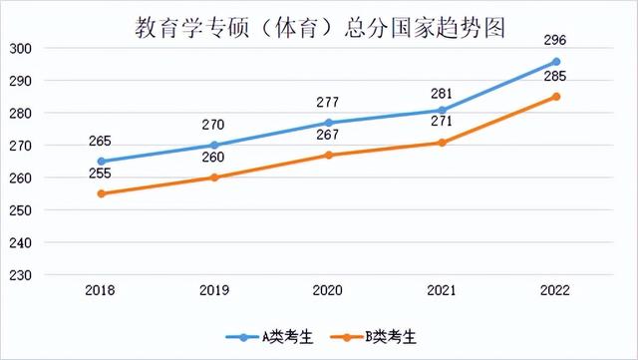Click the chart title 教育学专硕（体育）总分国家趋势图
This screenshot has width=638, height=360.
point(319,27)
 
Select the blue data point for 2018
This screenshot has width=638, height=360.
point(101,161)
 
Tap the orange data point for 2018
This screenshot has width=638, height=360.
point(101,193)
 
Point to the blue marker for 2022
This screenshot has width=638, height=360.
point(556,61)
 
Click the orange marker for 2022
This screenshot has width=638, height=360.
point(556,97)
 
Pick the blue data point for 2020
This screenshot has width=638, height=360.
point(329,123)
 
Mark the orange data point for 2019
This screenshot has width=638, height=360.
point(214,178)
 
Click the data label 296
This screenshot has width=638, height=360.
point(556,40)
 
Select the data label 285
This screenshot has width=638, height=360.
point(556,77)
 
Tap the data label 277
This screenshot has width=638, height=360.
point(329,102)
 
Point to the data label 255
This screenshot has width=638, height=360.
point(101,174)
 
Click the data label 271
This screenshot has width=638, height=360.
point(443,123)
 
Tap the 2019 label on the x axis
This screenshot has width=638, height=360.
point(214,290)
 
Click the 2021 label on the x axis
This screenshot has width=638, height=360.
point(443,290)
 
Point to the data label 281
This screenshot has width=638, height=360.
point(443,90)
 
